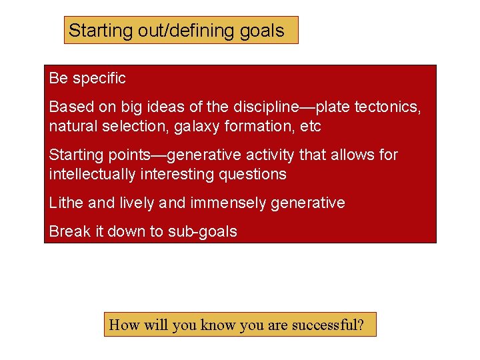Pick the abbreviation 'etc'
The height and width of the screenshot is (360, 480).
[311, 126]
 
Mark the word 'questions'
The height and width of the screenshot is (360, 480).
[254, 175]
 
